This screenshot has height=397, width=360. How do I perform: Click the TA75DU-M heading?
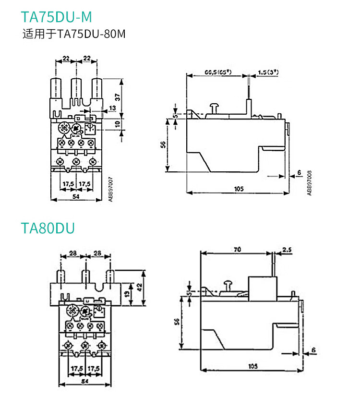tap(56, 17)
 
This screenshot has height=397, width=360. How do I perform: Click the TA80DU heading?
tap(48, 228)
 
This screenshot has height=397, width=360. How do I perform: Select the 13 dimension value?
tap(112, 108)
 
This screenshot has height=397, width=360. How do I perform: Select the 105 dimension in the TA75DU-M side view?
tap(239, 189)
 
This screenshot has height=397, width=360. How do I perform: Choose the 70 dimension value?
tap(238, 249)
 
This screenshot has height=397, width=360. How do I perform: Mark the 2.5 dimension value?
tap(287, 249)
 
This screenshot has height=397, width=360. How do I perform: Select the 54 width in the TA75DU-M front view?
tap(75, 196)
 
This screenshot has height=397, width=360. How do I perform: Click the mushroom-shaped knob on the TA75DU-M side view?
tap(215, 107)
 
